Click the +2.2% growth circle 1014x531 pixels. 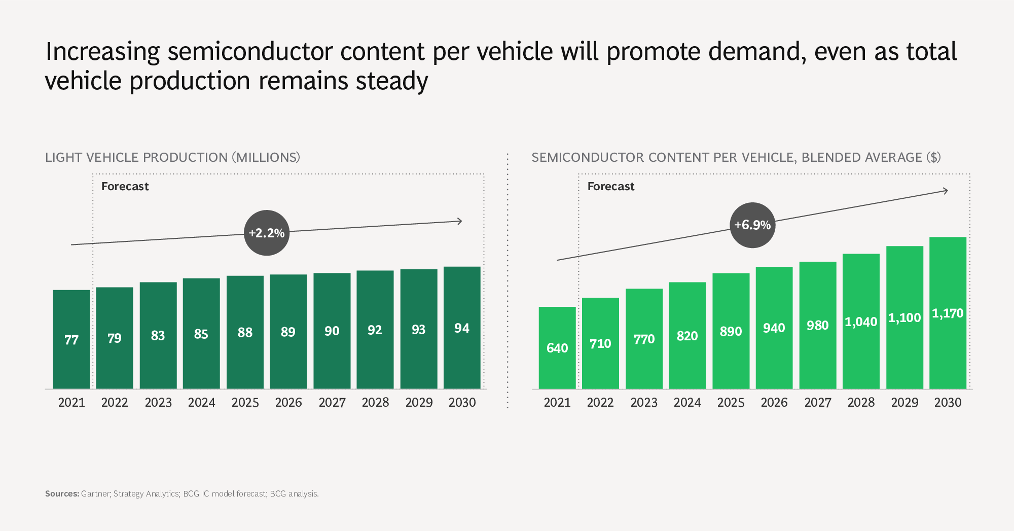[267, 233]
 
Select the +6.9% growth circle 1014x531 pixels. [752, 225]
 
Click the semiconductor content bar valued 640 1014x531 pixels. [557, 347]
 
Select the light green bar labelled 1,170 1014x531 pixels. [948, 312]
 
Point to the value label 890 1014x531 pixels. [731, 332]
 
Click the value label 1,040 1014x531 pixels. [861, 322]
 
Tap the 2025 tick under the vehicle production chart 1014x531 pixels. [245, 403]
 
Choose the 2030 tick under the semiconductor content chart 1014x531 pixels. [948, 403]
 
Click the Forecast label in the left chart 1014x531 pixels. [125, 187]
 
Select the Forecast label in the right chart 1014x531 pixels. [611, 187]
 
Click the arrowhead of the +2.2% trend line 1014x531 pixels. [460, 221]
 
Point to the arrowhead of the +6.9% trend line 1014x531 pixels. [946, 191]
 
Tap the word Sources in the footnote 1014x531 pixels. [62, 493]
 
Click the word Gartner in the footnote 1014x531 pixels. [95, 493]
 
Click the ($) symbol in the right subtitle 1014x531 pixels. [933, 158]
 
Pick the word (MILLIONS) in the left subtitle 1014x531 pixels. [266, 158]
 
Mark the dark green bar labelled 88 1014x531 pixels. [245, 332]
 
